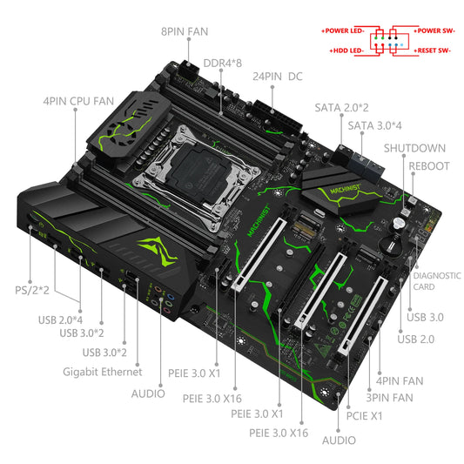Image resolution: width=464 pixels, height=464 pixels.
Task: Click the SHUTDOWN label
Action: (x=414, y=148)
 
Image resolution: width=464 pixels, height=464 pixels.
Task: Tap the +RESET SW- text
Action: (x=434, y=51)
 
